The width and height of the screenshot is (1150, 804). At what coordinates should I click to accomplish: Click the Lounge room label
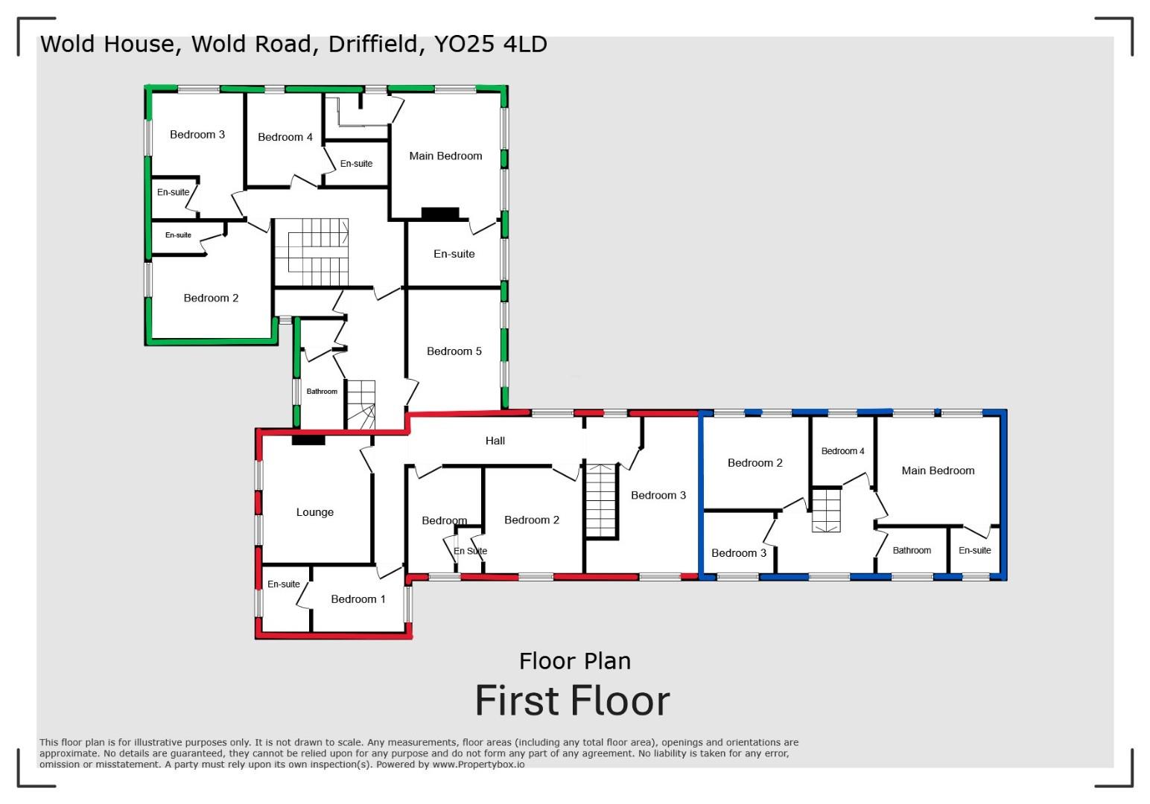pos(314,512)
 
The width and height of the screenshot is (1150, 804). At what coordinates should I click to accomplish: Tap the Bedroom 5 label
pos(454,351)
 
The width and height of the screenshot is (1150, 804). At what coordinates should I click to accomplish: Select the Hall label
pos(495,441)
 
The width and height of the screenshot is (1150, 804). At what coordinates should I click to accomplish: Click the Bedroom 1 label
pos(358,599)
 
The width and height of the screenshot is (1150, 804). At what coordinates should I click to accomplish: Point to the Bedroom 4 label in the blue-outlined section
pos(842,451)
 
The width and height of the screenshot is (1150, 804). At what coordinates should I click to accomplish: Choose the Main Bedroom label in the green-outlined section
pos(445,156)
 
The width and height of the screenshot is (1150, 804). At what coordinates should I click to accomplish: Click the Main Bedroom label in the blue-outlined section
pos(938,470)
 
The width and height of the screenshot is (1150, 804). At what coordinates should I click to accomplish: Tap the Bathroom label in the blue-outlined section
pos(912,551)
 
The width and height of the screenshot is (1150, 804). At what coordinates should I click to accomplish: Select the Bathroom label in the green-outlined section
pos(322,392)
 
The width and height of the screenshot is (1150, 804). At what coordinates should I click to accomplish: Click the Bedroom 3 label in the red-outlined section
pos(658,495)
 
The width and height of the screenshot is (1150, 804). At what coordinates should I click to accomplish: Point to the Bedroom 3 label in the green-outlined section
pos(197,135)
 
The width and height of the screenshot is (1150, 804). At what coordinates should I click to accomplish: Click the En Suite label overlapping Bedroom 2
pos(470,551)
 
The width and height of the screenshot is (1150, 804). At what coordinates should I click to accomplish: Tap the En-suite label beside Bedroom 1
pos(283,584)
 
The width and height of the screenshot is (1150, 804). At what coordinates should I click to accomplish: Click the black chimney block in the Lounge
pos(308,440)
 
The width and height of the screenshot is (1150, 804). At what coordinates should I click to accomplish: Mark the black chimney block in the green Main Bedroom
pos(440,214)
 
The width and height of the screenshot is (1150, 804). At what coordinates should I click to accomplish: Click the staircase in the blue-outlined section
pos(825,510)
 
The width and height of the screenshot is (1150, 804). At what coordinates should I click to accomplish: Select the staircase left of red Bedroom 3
pos(601,500)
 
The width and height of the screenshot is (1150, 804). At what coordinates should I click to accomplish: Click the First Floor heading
pos(572,701)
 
